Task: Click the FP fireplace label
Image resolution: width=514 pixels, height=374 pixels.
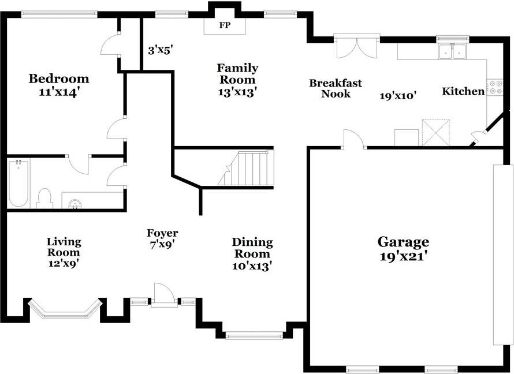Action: click(225, 25)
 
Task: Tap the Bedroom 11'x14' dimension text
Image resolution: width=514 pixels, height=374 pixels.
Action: click(59, 92)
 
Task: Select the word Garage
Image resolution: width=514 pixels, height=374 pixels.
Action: click(403, 242)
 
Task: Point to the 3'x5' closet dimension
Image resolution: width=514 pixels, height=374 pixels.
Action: click(161, 51)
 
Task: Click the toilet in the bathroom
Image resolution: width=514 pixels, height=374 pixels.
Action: click(45, 199)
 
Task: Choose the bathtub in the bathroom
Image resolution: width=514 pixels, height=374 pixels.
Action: click(18, 183)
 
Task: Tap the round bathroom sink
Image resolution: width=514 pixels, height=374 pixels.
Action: click(76, 204)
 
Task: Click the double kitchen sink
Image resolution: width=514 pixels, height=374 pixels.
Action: click(453, 51)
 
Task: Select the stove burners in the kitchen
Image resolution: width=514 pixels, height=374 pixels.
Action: click(495, 87)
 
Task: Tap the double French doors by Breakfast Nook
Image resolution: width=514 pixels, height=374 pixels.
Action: click(357, 47)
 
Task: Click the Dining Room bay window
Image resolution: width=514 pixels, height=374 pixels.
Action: click(254, 335)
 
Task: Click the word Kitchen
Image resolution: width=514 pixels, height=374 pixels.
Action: click(463, 91)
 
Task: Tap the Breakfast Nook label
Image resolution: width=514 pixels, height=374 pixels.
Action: click(336, 88)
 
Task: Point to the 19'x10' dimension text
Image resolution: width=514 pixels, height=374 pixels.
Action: click(398, 96)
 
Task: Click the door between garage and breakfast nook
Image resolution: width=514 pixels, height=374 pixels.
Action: click(353, 139)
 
